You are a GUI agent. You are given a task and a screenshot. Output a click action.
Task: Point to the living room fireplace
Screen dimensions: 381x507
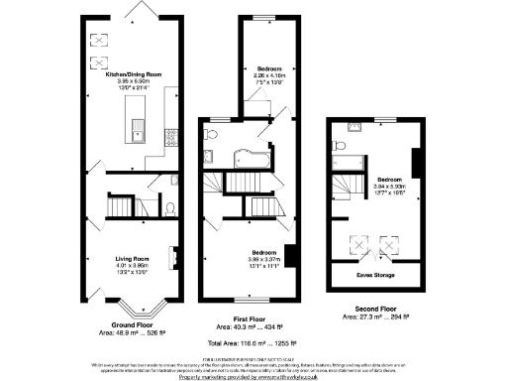175,256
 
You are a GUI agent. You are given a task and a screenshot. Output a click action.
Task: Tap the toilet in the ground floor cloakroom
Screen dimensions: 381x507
170,208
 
